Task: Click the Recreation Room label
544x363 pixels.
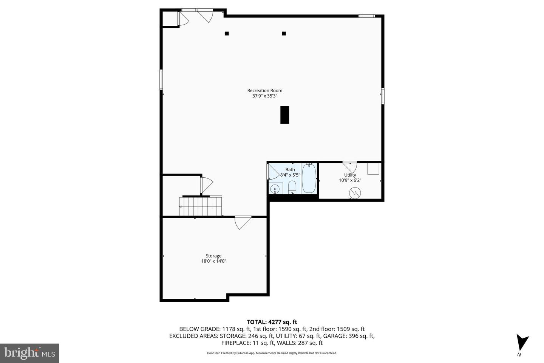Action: pos(264,90)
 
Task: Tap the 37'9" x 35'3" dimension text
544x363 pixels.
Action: pos(264,96)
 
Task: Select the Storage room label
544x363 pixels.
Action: pos(213,256)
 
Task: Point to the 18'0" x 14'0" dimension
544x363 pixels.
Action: pos(213,261)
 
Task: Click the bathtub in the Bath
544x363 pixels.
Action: pos(309,178)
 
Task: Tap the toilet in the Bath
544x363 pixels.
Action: pos(292,187)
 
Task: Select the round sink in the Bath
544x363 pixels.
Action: pos(275,188)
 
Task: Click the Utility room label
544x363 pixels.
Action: pos(350,175)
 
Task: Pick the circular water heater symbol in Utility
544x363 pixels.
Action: pos(355,193)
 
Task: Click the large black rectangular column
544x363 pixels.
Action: pos(284,115)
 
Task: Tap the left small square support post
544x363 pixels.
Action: pos(227,33)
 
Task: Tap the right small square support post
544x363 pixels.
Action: pos(284,33)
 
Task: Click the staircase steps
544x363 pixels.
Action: pos(200,206)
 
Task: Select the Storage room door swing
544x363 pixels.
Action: pos(242,222)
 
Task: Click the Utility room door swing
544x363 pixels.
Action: pos(350,166)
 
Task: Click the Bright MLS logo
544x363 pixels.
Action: pos(29,353)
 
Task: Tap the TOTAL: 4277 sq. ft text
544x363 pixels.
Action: pos(272,322)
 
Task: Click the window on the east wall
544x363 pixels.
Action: pos(383,96)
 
